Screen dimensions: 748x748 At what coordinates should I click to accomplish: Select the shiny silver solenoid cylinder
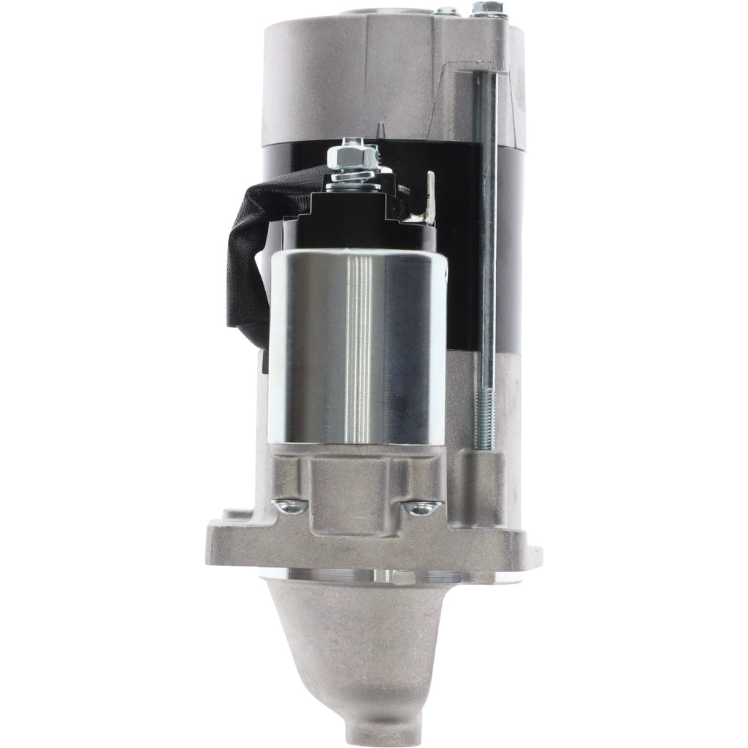point(356,347)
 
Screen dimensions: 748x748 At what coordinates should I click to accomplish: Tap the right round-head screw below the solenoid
point(422,507)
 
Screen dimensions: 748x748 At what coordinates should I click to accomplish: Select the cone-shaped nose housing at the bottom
point(362,643)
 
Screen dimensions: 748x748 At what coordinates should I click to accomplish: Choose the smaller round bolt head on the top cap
point(445,12)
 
